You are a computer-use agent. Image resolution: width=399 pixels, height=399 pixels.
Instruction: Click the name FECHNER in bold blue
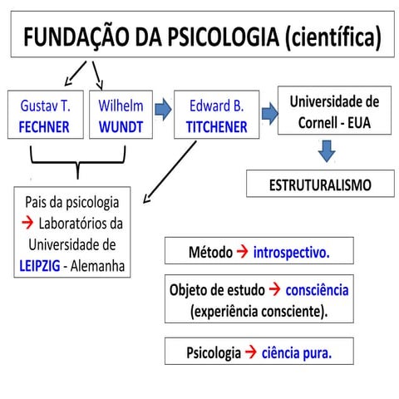(44, 128)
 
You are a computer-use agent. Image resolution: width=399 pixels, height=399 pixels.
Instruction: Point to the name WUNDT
(121, 128)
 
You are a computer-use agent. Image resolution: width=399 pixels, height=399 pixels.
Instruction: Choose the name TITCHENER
(216, 128)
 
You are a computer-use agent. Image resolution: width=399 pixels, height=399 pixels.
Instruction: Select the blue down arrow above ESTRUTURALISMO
(328, 150)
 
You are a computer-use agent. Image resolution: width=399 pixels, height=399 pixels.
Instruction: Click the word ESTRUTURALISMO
(320, 185)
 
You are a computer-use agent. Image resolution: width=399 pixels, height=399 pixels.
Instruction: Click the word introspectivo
(291, 251)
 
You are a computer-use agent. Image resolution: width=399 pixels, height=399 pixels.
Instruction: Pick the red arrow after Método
(241, 251)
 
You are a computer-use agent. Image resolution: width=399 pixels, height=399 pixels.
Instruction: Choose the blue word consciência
(317, 290)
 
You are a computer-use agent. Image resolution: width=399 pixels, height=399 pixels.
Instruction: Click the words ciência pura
(296, 352)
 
